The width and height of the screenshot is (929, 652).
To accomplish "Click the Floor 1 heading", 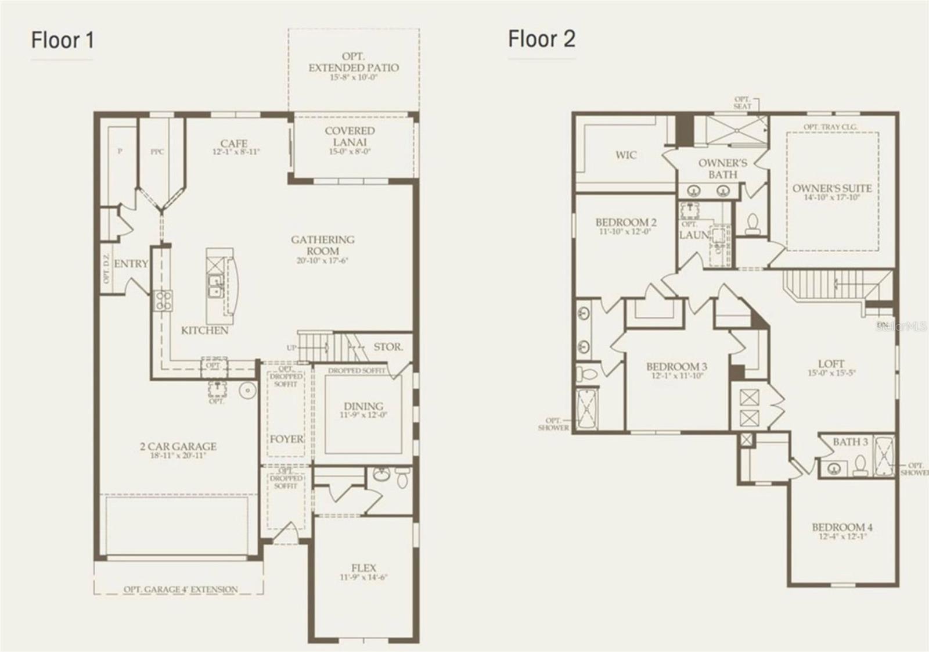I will tap(62, 40).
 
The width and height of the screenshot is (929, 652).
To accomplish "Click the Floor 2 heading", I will tap(541, 39).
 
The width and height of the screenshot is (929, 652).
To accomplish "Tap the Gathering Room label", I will tap(323, 245).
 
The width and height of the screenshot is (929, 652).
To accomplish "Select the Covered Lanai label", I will tap(350, 137).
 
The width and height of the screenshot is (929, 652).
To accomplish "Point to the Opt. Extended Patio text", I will tap(353, 62).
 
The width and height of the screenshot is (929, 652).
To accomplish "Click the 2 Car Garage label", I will tap(178, 446).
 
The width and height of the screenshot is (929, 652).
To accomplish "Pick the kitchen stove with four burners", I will tap(163, 300).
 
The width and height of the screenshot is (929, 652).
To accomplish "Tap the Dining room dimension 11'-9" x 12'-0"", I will tap(363, 415).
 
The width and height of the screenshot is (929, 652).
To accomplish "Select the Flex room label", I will tap(363, 568).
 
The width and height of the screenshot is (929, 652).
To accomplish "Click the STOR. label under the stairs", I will tap(388, 347).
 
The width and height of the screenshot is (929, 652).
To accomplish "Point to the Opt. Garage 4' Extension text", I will tap(180, 589).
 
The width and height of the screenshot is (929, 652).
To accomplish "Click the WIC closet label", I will tap(626, 155).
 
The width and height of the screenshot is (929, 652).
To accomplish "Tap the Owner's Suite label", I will tap(831, 188).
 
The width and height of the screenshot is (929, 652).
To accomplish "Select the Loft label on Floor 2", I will tap(831, 364).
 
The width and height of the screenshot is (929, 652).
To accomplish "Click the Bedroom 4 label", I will tap(842, 527).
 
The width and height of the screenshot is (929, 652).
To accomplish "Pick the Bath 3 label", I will tap(850, 442).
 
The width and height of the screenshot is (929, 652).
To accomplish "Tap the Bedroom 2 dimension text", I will tap(625, 232).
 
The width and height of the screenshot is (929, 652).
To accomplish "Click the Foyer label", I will tap(286, 439).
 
